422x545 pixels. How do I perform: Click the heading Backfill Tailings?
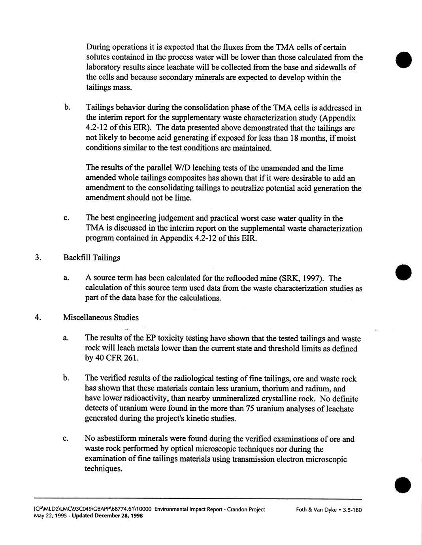(x=92, y=258)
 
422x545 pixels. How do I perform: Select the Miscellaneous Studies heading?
(x=101, y=318)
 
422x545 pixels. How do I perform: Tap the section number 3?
(x=37, y=258)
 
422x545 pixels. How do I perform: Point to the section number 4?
(x=37, y=318)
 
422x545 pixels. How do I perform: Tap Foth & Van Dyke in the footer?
(x=316, y=509)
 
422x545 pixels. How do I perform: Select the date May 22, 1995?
(x=50, y=516)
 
